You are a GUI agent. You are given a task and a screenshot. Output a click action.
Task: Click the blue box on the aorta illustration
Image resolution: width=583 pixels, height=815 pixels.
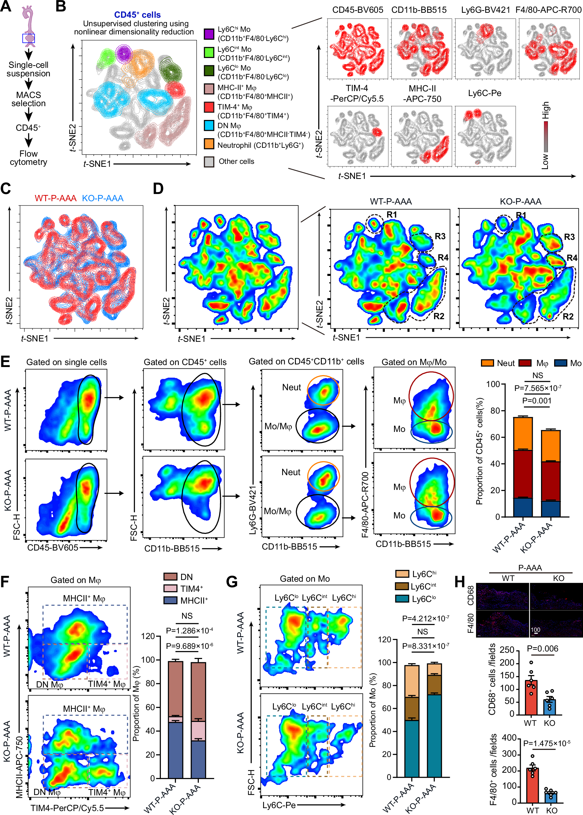[28, 38]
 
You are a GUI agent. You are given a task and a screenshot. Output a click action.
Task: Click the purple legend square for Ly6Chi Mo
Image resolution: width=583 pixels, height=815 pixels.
[209, 34]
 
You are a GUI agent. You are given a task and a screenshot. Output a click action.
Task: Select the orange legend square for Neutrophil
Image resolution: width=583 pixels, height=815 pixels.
[209, 144]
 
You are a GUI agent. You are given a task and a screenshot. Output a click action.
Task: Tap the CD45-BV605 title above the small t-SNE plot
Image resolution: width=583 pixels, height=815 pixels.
[358, 10]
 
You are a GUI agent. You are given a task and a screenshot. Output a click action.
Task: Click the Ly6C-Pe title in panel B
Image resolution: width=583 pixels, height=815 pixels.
[484, 93]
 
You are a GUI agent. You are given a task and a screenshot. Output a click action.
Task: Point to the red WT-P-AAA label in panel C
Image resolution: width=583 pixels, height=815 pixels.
[56, 198]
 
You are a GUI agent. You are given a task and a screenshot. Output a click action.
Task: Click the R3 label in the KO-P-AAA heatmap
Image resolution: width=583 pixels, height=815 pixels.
[569, 237]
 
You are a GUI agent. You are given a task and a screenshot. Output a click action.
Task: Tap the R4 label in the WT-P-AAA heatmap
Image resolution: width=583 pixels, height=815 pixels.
[443, 258]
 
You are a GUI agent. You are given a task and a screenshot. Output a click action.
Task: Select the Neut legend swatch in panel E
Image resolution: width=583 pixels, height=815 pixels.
[487, 363]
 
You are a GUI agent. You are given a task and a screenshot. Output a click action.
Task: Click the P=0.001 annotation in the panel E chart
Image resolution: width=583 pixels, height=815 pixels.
[537, 401]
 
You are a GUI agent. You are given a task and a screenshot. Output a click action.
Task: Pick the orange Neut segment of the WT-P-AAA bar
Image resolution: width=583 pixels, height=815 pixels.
[523, 433]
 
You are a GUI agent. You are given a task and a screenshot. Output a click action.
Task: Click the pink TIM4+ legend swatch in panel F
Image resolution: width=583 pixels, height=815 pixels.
[170, 588]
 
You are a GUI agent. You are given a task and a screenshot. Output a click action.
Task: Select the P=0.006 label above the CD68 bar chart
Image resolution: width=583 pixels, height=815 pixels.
[542, 649]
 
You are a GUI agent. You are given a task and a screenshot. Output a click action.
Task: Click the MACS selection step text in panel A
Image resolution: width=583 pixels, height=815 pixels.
[28, 99]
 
